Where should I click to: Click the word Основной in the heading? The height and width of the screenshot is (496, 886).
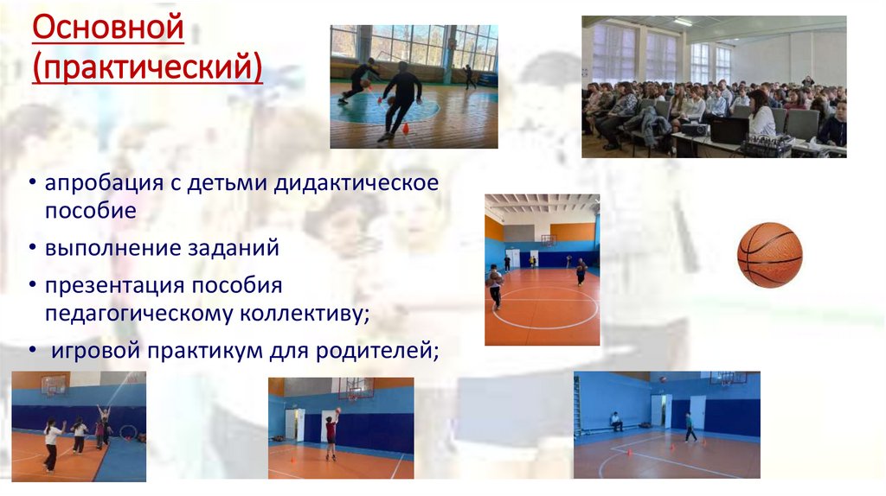108,29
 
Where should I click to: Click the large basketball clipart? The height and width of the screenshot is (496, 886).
769,255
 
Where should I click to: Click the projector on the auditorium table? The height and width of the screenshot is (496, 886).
694,130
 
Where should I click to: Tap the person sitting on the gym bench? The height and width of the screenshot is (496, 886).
615,421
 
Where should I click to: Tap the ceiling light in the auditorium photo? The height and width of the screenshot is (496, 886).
684,22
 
